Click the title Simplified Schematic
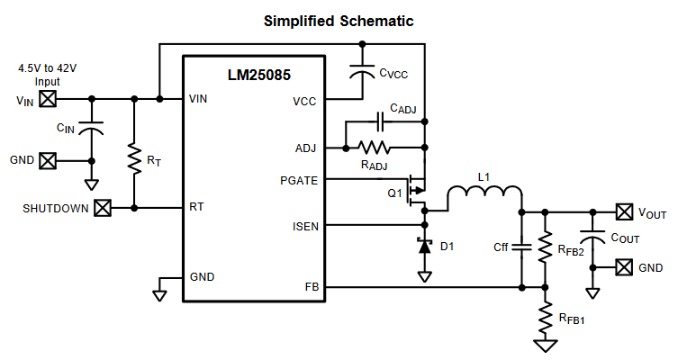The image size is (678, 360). point(339,22)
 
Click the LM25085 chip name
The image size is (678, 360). point(259,76)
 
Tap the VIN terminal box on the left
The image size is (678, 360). point(48,99)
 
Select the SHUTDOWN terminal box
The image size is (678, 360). point(103,208)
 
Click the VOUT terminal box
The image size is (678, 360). point(624,212)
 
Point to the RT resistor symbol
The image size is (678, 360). point(134,160)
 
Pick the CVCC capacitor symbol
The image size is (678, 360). point(362,71)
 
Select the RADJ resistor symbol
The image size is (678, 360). point(374,148)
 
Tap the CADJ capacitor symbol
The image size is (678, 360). point(380,121)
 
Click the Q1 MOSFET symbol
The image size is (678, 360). point(416,190)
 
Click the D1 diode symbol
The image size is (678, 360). point(425,246)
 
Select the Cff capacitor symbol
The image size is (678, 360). point(521,247)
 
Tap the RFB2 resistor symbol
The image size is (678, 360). point(546,247)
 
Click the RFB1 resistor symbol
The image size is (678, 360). point(546,317)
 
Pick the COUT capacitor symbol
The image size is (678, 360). point(592,238)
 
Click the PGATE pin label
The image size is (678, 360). point(299,181)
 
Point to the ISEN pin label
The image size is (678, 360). point(305,227)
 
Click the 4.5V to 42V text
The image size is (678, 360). point(47,68)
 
